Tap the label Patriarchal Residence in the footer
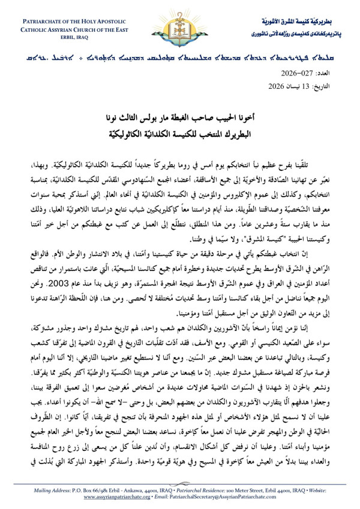point(185,490)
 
